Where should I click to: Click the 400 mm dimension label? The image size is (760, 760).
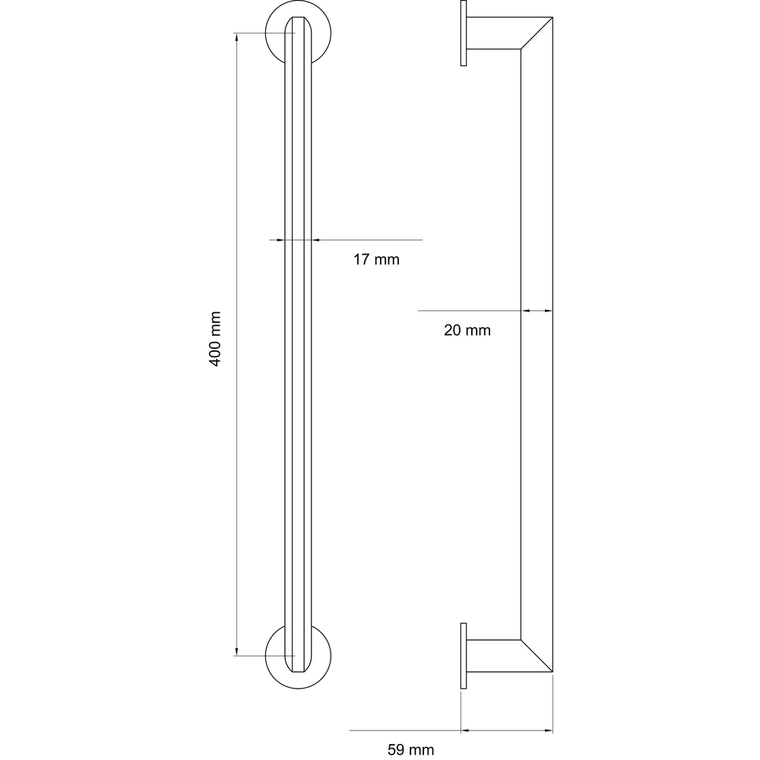click(x=215, y=339)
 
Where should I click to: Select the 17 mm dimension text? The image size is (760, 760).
click(x=376, y=259)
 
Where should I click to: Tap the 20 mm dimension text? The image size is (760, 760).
click(x=467, y=330)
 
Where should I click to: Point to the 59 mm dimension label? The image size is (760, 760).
click(x=410, y=749)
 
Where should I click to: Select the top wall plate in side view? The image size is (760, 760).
click(x=464, y=33)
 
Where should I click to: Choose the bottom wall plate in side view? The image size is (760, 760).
click(x=464, y=655)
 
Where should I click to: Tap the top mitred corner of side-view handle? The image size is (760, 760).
click(x=537, y=33)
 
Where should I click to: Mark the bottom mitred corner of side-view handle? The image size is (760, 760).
click(x=537, y=656)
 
